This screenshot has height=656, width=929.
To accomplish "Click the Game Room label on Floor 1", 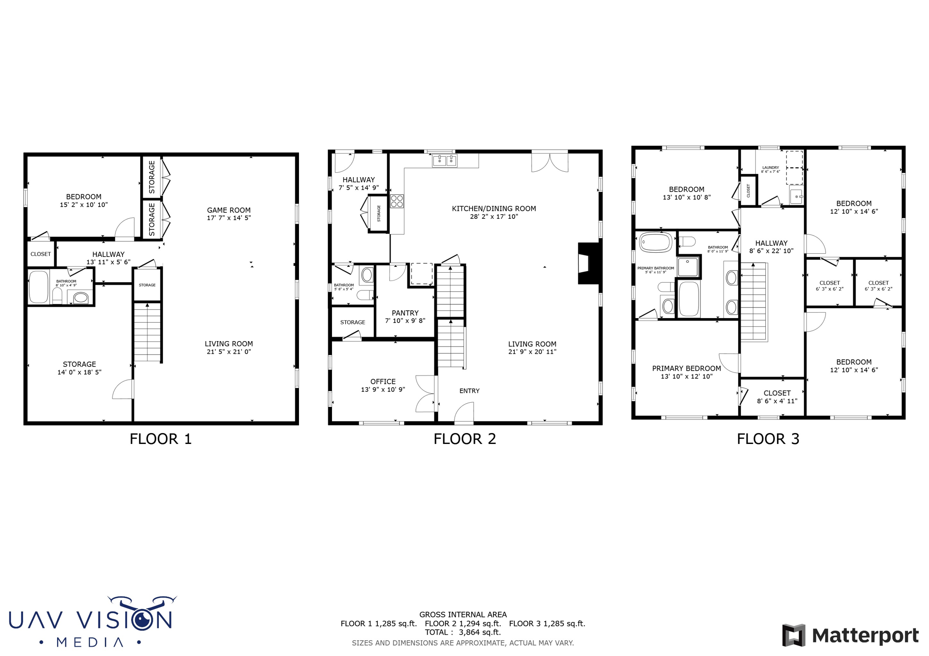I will click(x=229, y=210).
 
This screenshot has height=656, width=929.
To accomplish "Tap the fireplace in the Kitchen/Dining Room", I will click(x=588, y=264).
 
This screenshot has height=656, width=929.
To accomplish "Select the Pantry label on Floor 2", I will click(x=405, y=313).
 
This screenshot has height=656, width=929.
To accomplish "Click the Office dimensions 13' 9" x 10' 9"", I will click(x=383, y=390).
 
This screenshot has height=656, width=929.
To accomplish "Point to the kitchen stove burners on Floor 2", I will click(x=397, y=201).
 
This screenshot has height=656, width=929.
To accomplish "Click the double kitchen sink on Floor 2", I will click(x=445, y=160).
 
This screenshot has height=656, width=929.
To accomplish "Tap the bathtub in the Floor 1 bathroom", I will click(x=39, y=287).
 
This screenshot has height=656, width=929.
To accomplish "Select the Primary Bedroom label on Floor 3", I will click(x=686, y=368).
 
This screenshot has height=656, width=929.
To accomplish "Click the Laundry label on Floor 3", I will click(x=770, y=168).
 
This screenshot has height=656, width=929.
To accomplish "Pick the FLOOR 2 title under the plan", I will click(x=464, y=439).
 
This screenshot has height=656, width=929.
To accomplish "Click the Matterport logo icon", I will click(x=793, y=635).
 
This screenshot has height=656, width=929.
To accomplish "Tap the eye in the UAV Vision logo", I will click(x=144, y=619).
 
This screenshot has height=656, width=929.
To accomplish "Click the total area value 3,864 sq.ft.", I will click(x=479, y=632).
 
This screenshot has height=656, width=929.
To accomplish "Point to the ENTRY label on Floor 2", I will click(x=469, y=391).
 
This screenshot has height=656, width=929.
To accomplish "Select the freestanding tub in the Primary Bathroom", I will click(x=655, y=243).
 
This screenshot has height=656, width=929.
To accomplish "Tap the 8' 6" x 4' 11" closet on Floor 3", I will click(x=777, y=397).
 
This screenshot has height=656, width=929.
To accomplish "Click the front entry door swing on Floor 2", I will click(x=464, y=413).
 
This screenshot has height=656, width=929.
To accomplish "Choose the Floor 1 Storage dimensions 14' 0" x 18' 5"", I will click(x=79, y=372).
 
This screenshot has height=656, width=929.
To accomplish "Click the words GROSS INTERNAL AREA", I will click(x=463, y=615).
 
